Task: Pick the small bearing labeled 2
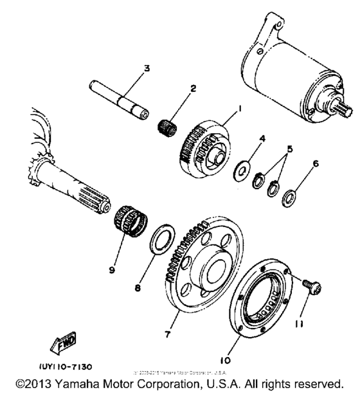click(168, 120)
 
